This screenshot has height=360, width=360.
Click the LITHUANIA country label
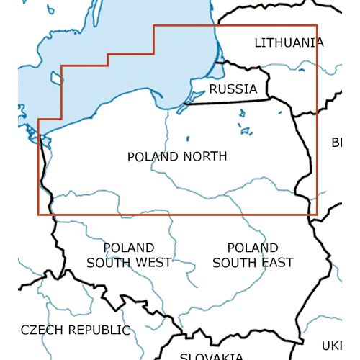(289, 43)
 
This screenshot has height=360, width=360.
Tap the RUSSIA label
(233, 89)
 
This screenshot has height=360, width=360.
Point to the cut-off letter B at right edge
(336, 142)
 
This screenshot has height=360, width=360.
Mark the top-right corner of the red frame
(317, 26)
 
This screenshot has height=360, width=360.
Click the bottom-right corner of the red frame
(317, 215)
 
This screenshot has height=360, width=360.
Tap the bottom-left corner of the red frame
(38, 215)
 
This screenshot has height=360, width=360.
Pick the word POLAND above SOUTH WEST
(129, 248)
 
